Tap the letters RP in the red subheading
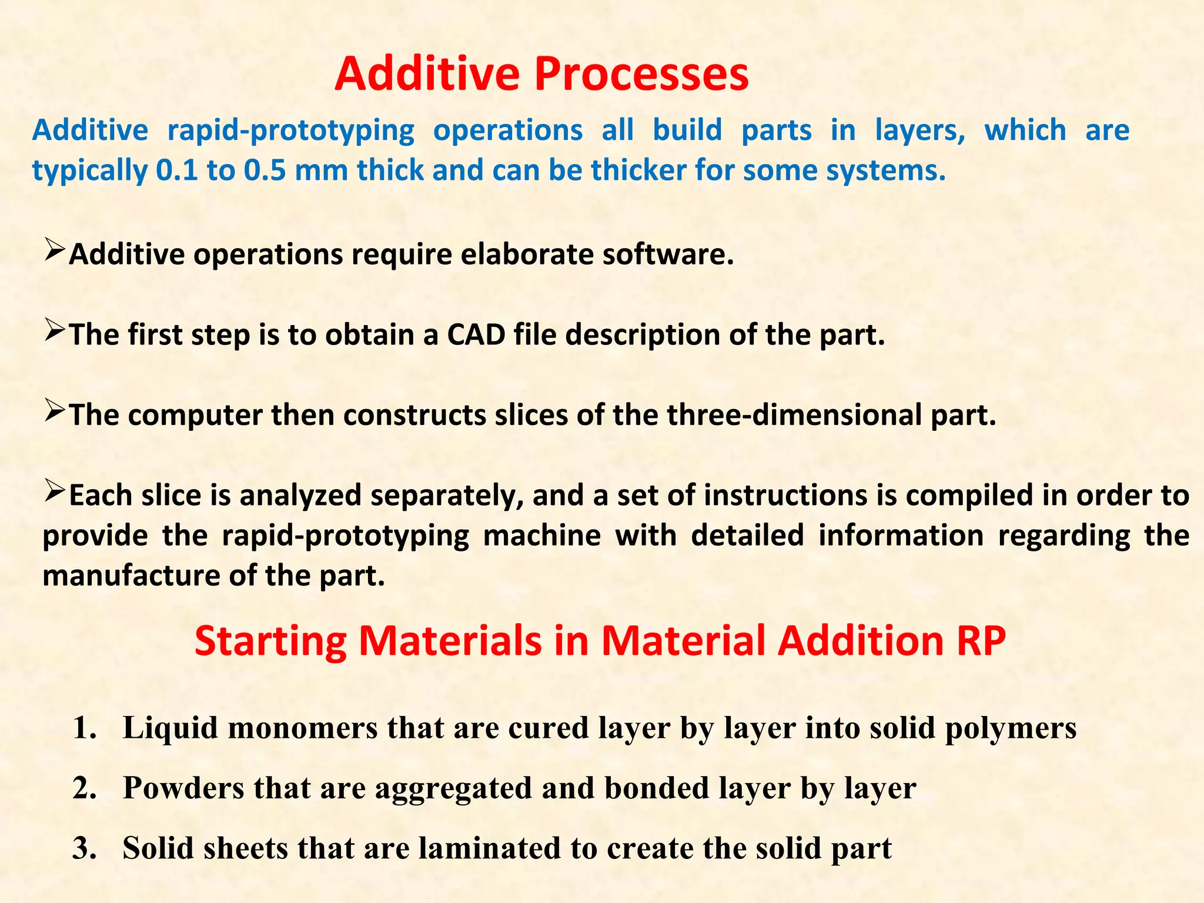click(x=981, y=641)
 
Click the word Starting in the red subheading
click(x=270, y=642)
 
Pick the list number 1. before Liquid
click(x=85, y=728)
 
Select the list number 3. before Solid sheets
click(x=85, y=848)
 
